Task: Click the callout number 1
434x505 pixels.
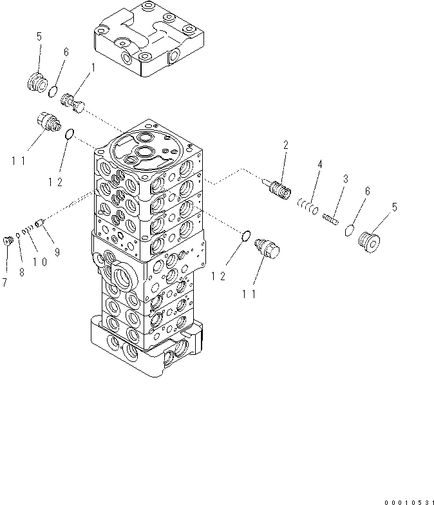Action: click(93, 67)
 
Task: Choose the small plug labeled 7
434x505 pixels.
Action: click(8, 240)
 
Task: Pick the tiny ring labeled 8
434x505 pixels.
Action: click(18, 235)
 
